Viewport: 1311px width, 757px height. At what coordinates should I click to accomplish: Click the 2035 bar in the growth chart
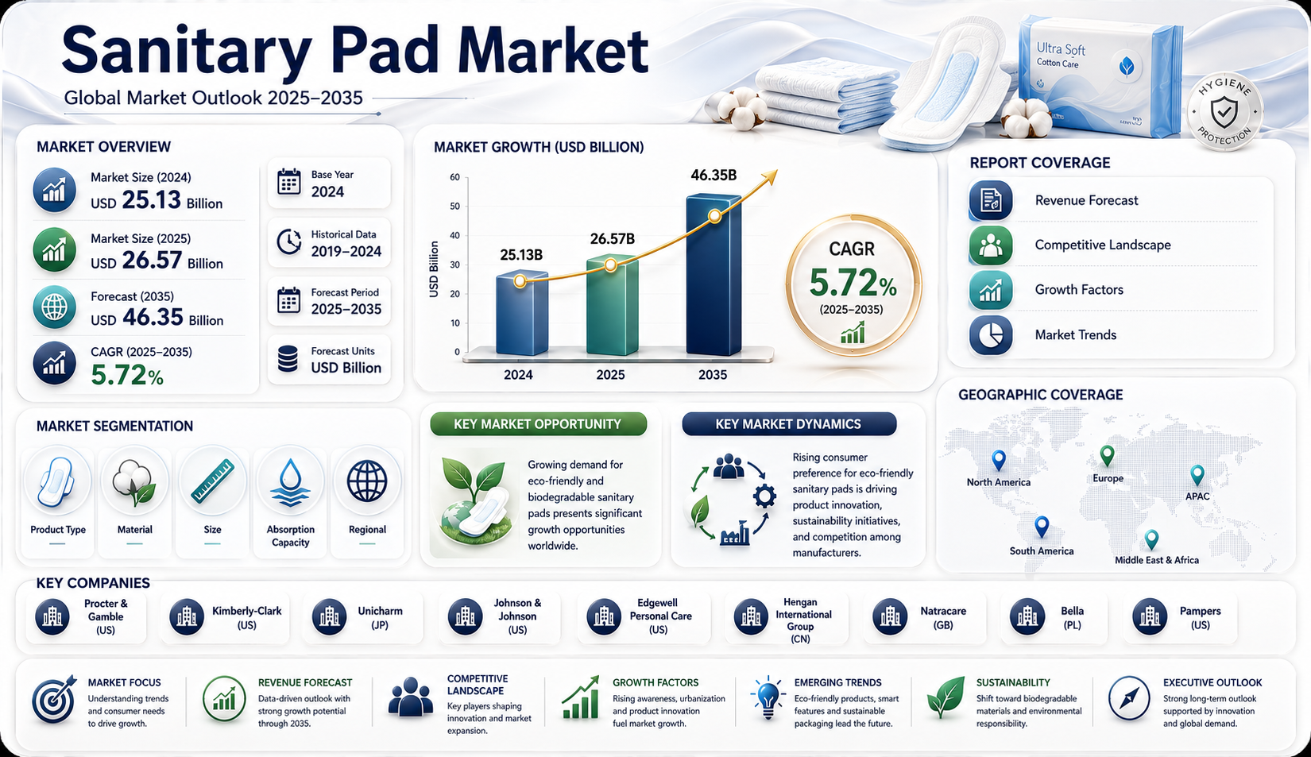(x=714, y=275)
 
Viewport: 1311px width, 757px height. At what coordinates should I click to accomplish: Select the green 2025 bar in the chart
(x=612, y=305)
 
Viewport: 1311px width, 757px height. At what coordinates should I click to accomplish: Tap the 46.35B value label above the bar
(x=714, y=174)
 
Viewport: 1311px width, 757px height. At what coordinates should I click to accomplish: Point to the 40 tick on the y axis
(x=454, y=236)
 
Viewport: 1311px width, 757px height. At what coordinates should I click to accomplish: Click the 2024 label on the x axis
(x=518, y=374)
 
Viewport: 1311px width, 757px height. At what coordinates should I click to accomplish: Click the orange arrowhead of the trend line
(x=771, y=176)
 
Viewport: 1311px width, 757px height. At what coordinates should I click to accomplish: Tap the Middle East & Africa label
(x=1157, y=560)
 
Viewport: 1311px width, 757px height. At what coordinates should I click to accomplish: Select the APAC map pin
(x=1197, y=476)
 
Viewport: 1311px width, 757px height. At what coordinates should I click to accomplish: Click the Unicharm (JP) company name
(x=380, y=618)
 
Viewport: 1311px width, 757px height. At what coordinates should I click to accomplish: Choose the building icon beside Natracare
(x=890, y=616)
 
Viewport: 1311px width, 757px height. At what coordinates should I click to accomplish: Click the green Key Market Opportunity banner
(x=539, y=424)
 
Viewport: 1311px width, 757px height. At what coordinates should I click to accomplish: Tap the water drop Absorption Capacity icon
(x=290, y=482)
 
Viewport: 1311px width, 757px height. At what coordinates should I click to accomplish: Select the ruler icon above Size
(x=212, y=481)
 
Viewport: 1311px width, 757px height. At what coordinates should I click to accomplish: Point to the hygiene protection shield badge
(x=1224, y=112)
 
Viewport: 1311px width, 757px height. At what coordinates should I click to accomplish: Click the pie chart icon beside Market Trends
(x=990, y=335)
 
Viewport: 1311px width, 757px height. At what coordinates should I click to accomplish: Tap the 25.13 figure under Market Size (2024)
(x=152, y=200)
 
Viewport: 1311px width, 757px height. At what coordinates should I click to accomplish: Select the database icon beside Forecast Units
(x=288, y=358)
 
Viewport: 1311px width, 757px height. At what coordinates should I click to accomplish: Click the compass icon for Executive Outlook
(x=1129, y=698)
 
